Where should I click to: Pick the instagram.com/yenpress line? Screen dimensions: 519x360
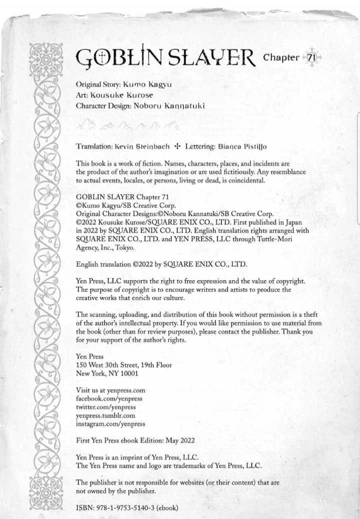pyautogui.click(x=110, y=423)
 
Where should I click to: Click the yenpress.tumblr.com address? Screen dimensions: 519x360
pyautogui.click(x=105, y=415)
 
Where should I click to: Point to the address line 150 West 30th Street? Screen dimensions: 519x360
pyautogui.click(x=123, y=365)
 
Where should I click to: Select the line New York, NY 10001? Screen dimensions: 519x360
pyautogui.click(x=107, y=373)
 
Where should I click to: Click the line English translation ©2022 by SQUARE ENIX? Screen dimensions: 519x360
pyautogui.click(x=161, y=264)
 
